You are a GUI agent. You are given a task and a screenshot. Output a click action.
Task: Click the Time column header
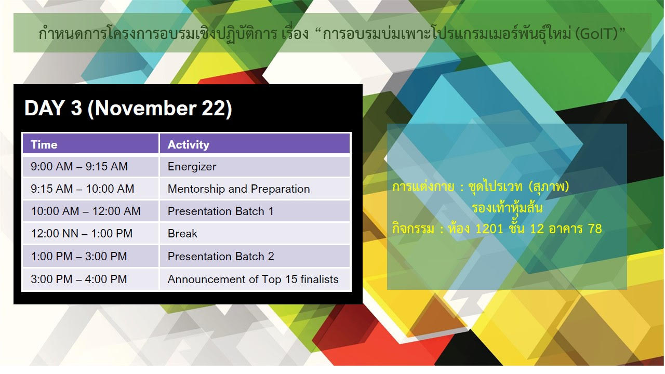90,144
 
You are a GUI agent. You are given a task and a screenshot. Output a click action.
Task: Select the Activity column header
255,144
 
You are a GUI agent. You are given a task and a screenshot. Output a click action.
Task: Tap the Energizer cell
255,167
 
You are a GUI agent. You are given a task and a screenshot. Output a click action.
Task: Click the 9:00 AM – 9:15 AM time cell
90,167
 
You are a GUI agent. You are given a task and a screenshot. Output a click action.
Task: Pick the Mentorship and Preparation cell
255,189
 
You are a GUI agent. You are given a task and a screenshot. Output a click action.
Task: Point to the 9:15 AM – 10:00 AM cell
90,189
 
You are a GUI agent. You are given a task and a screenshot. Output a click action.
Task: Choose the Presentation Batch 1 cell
255,211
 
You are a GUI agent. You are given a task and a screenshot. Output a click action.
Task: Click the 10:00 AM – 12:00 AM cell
90,211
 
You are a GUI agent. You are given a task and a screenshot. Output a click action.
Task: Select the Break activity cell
255,234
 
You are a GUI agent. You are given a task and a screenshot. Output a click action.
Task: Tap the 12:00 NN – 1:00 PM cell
90,234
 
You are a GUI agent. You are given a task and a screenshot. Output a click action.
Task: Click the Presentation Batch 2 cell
255,256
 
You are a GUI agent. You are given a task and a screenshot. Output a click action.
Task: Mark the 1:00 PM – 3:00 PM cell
90,256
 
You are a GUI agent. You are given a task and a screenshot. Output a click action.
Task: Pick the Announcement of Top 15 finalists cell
255,279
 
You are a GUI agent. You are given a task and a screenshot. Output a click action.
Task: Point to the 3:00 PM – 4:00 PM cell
90,279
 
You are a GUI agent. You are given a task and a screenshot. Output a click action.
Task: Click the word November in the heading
145,108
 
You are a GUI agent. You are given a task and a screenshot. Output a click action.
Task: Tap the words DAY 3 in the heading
53,108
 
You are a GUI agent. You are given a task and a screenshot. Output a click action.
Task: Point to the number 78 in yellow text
595,229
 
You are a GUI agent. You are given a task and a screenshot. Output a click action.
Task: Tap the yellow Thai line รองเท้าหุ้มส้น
507,208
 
